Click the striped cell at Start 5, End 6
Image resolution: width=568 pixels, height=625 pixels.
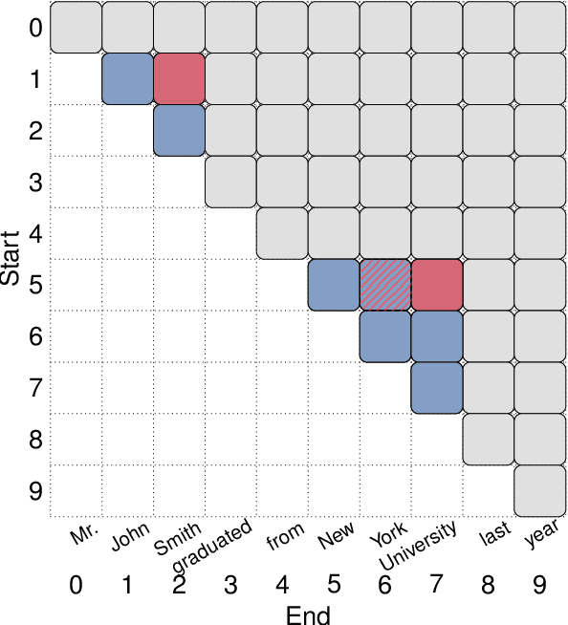click(x=385, y=285)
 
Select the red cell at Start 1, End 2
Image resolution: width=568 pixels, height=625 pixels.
click(x=179, y=78)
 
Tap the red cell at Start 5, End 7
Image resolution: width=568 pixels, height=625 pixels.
click(x=437, y=285)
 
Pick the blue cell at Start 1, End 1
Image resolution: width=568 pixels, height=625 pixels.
click(x=127, y=78)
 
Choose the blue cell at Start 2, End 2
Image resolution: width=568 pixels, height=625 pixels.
click(x=179, y=130)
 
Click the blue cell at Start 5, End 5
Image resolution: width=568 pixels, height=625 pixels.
click(x=334, y=285)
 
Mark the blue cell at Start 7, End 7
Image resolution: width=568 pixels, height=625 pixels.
click(x=437, y=388)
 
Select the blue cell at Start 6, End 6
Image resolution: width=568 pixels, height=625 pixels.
click(x=385, y=336)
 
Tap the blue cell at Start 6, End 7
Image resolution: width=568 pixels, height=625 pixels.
click(x=437, y=336)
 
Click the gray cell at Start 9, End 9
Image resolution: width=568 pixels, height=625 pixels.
click(x=540, y=491)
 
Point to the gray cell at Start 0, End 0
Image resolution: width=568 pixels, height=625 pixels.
click(x=76, y=27)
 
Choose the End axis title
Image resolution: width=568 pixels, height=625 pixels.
click(x=308, y=614)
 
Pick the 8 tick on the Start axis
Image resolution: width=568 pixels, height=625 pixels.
click(x=34, y=441)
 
